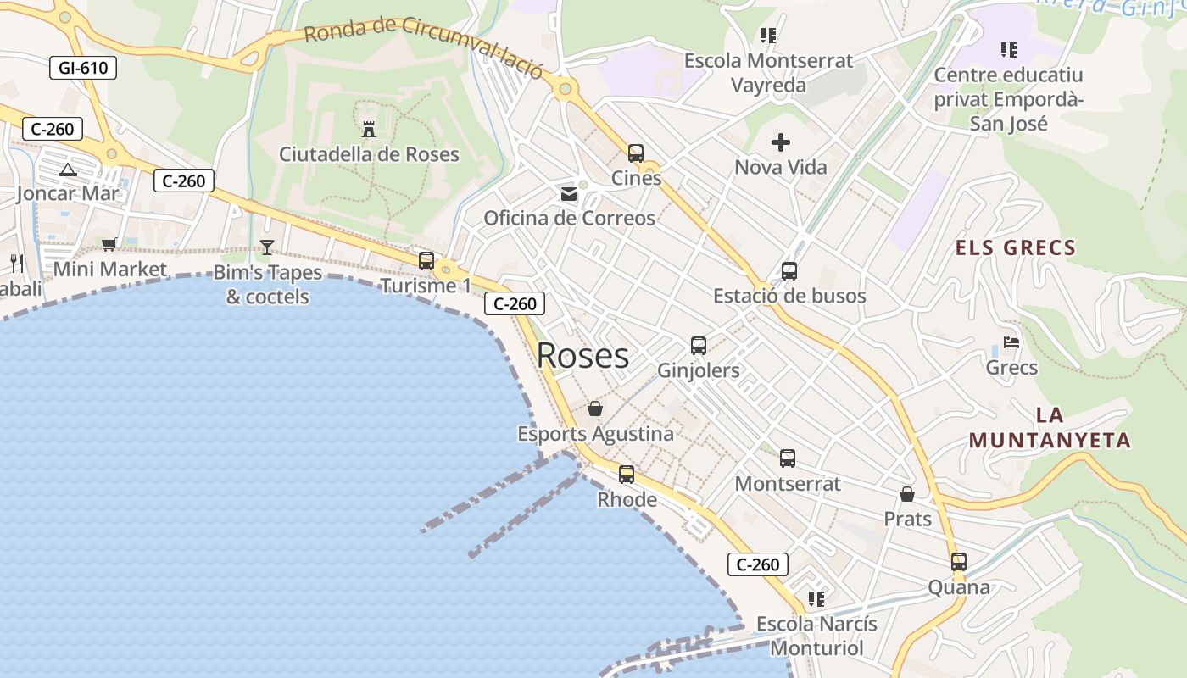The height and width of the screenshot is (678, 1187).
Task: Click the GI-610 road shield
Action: [82, 68]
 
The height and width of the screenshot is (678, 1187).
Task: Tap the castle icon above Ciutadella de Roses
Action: [369, 130]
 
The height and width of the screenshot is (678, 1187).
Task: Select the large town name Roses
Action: [582, 356]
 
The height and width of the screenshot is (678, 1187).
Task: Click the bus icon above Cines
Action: [636, 153]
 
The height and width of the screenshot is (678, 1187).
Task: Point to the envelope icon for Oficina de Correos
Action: [569, 194]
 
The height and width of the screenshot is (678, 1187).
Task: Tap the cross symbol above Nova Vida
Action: [781, 142]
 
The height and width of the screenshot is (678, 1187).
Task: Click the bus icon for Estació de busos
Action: [789, 271]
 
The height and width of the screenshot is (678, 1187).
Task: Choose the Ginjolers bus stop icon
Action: [699, 346]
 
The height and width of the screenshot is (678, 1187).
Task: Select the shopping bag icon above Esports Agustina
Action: [595, 409]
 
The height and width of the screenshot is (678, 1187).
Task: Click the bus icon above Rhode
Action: [627, 475]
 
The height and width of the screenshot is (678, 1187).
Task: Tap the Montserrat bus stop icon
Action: [788, 458]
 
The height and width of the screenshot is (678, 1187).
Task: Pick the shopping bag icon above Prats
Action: [907, 494]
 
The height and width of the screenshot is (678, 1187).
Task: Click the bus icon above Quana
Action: [959, 562]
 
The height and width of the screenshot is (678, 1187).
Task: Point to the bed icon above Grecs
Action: [1011, 342]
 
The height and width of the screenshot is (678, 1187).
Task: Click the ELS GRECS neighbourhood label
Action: [1016, 248]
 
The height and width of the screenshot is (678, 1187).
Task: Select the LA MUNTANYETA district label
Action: [1050, 428]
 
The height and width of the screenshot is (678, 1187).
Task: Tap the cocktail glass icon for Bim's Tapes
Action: [267, 247]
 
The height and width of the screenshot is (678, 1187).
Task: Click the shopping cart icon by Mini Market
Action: [109, 245]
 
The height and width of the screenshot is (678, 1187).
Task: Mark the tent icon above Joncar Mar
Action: [68, 169]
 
